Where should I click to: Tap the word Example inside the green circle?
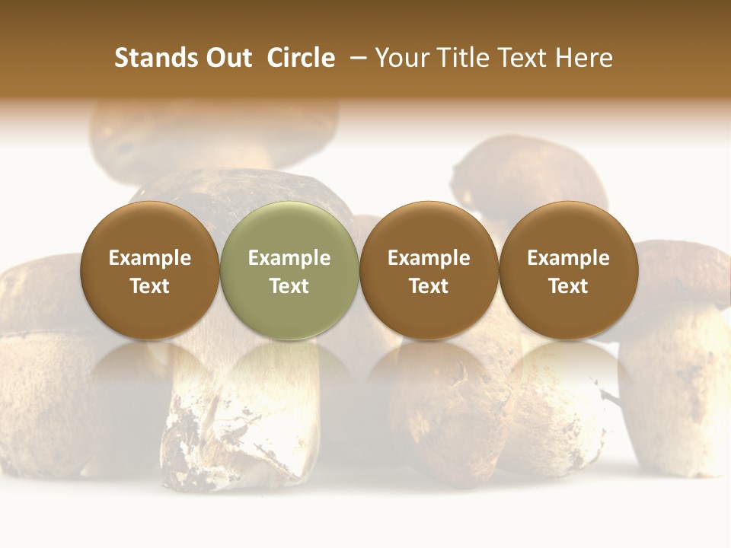289,258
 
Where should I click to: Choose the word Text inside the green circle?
289,286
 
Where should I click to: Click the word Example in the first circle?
149,258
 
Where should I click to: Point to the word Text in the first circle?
149,286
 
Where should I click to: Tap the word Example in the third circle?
429,258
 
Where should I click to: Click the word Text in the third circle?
429,286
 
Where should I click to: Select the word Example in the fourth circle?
569,258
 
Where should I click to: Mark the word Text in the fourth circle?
569,286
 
